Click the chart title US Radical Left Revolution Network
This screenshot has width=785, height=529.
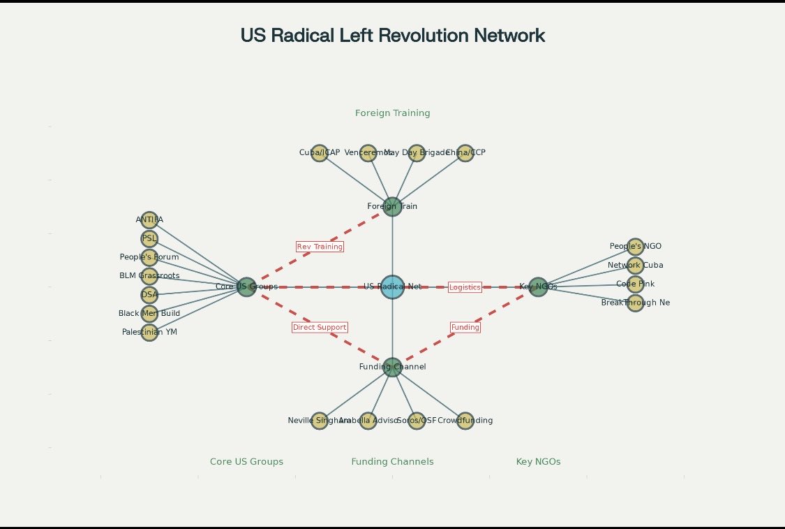pyautogui.click(x=392, y=36)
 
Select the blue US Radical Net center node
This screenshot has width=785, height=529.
pyautogui.click(x=392, y=287)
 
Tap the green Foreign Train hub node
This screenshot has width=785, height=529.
pyautogui.click(x=392, y=207)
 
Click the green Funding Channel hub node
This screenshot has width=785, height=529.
pyautogui.click(x=392, y=367)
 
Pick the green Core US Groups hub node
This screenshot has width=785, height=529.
pyautogui.click(x=246, y=287)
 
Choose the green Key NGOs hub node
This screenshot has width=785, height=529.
pyautogui.click(x=537, y=287)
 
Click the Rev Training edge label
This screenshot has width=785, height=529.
pyautogui.click(x=320, y=247)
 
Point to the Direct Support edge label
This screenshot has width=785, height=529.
pyautogui.click(x=320, y=327)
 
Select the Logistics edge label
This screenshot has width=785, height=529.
pyautogui.click(x=465, y=287)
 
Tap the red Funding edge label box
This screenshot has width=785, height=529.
pyautogui.click(x=465, y=327)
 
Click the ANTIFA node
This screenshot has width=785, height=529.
pyautogui.click(x=149, y=220)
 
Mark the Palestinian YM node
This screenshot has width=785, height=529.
pyautogui.click(x=149, y=332)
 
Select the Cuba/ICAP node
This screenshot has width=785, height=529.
pyautogui.click(x=320, y=153)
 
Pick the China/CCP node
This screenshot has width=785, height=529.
pyautogui.click(x=465, y=153)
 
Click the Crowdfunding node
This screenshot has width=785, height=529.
pyautogui.click(x=465, y=421)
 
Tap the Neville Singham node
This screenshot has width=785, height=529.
pyautogui.click(x=320, y=421)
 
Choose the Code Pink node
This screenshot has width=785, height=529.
pyautogui.click(x=635, y=284)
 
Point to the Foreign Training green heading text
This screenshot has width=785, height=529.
pyautogui.click(x=392, y=113)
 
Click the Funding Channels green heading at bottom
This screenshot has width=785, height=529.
pyautogui.click(x=392, y=462)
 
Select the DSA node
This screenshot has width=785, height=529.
pyautogui.click(x=149, y=294)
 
